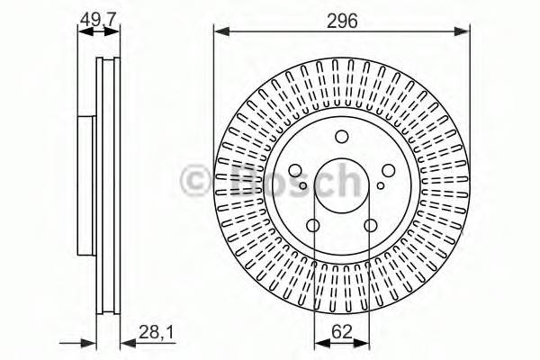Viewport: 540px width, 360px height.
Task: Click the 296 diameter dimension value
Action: [x=342, y=21]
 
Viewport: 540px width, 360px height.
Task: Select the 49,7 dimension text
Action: [x=98, y=18]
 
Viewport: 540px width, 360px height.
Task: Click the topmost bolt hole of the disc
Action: [x=341, y=138]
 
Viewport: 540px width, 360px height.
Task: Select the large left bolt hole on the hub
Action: [x=295, y=171]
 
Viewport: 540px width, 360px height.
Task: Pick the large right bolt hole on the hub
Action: [x=387, y=171]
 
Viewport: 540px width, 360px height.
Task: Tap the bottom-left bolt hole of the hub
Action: [x=313, y=226]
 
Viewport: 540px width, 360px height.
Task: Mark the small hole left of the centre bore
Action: [x=304, y=186]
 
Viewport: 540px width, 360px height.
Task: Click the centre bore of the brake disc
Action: [x=341, y=184]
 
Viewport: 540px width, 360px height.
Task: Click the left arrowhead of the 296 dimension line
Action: [x=219, y=32]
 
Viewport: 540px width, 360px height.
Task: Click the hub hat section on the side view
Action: [x=85, y=184]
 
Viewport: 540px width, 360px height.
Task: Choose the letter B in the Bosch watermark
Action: [x=241, y=182]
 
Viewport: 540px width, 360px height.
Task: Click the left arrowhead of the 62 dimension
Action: [x=318, y=343]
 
